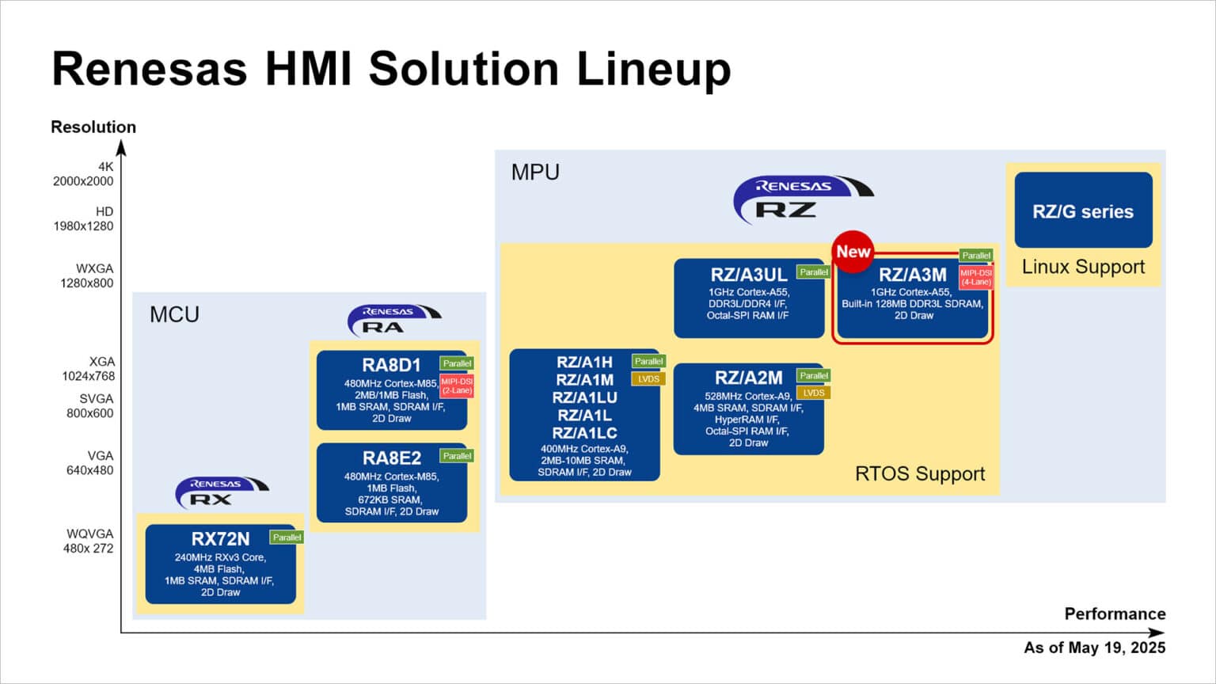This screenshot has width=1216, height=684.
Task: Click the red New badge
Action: pos(853,252)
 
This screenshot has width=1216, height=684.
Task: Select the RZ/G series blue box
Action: pos(1082,211)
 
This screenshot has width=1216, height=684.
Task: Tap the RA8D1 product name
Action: pos(391,365)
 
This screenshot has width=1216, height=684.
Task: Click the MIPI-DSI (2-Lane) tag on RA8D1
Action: pos(457,386)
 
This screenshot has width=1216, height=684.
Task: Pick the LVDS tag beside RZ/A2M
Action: pos(813,393)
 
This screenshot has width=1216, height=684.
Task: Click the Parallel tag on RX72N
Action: pos(287,537)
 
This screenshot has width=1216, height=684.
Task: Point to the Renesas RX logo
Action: pos(221,492)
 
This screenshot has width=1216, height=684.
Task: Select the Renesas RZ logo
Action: pos(802,199)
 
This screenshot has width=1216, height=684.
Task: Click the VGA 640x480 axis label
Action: pos(89,462)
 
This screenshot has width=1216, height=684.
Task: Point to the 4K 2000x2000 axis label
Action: pos(83,173)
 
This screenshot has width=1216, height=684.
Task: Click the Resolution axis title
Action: pos(93,127)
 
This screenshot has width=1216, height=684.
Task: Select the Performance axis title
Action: pos(1114,614)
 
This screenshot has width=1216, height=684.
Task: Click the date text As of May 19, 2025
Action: pos(1094,648)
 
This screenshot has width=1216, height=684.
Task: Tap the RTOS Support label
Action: pos(919,473)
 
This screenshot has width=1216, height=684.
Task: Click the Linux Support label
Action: pos(1082,267)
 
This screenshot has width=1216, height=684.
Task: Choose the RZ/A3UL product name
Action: pos(748,275)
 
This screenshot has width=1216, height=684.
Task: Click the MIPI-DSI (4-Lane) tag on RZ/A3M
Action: pos(975,277)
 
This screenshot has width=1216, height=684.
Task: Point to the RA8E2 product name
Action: pos(392,458)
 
